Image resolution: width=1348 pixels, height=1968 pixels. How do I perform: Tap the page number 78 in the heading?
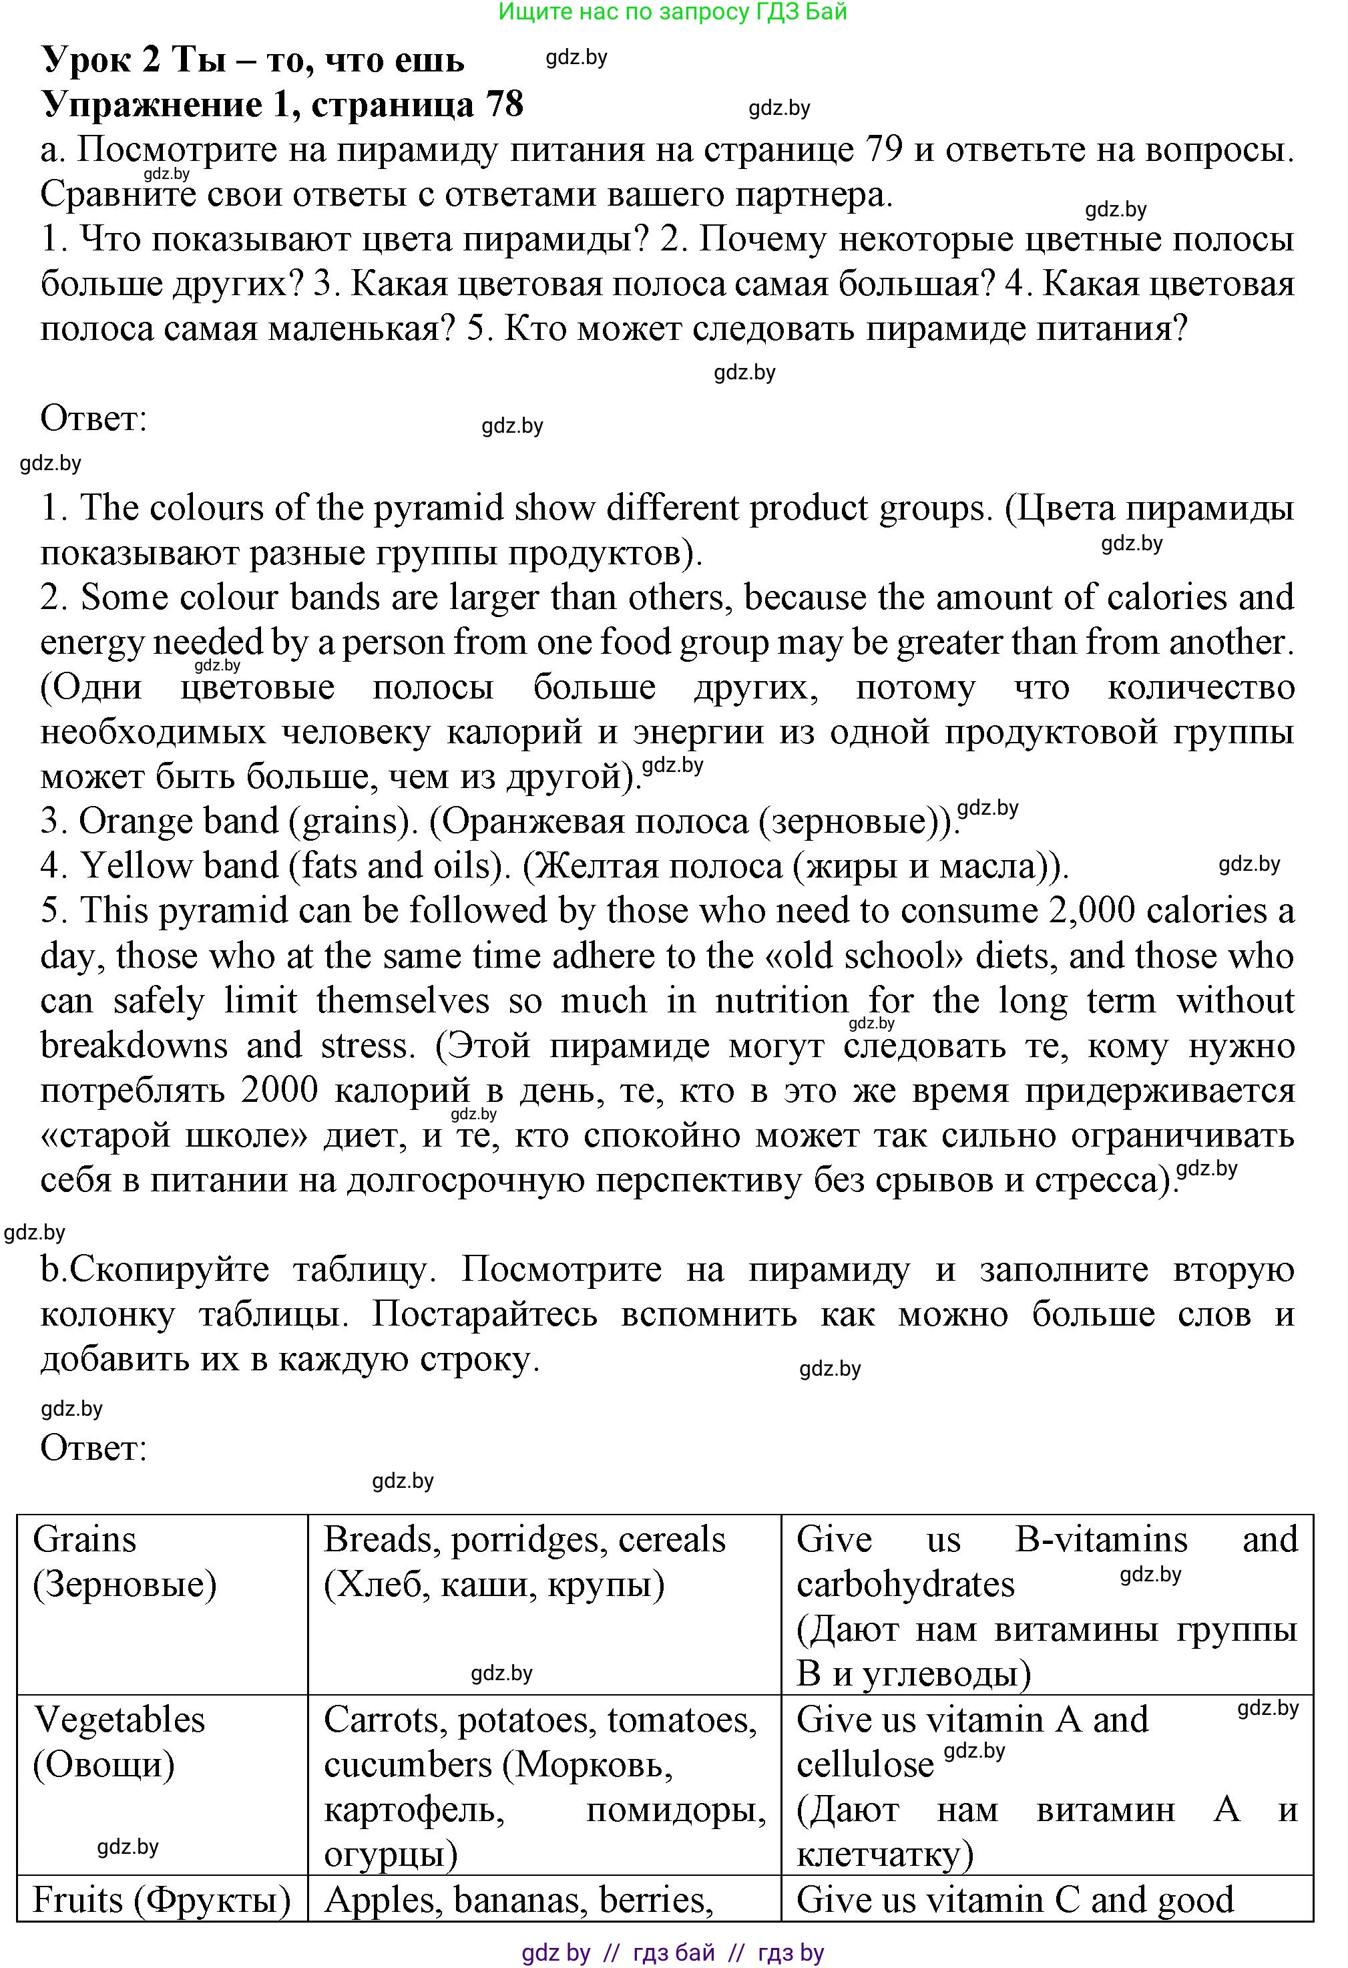pos(505,105)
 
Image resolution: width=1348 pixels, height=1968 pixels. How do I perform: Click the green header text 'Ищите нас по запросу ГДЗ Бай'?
pos(672,12)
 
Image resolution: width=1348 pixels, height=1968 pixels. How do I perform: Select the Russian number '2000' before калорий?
pos(280,1091)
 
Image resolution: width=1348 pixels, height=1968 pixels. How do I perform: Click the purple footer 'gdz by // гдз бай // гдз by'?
pos(672,1953)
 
